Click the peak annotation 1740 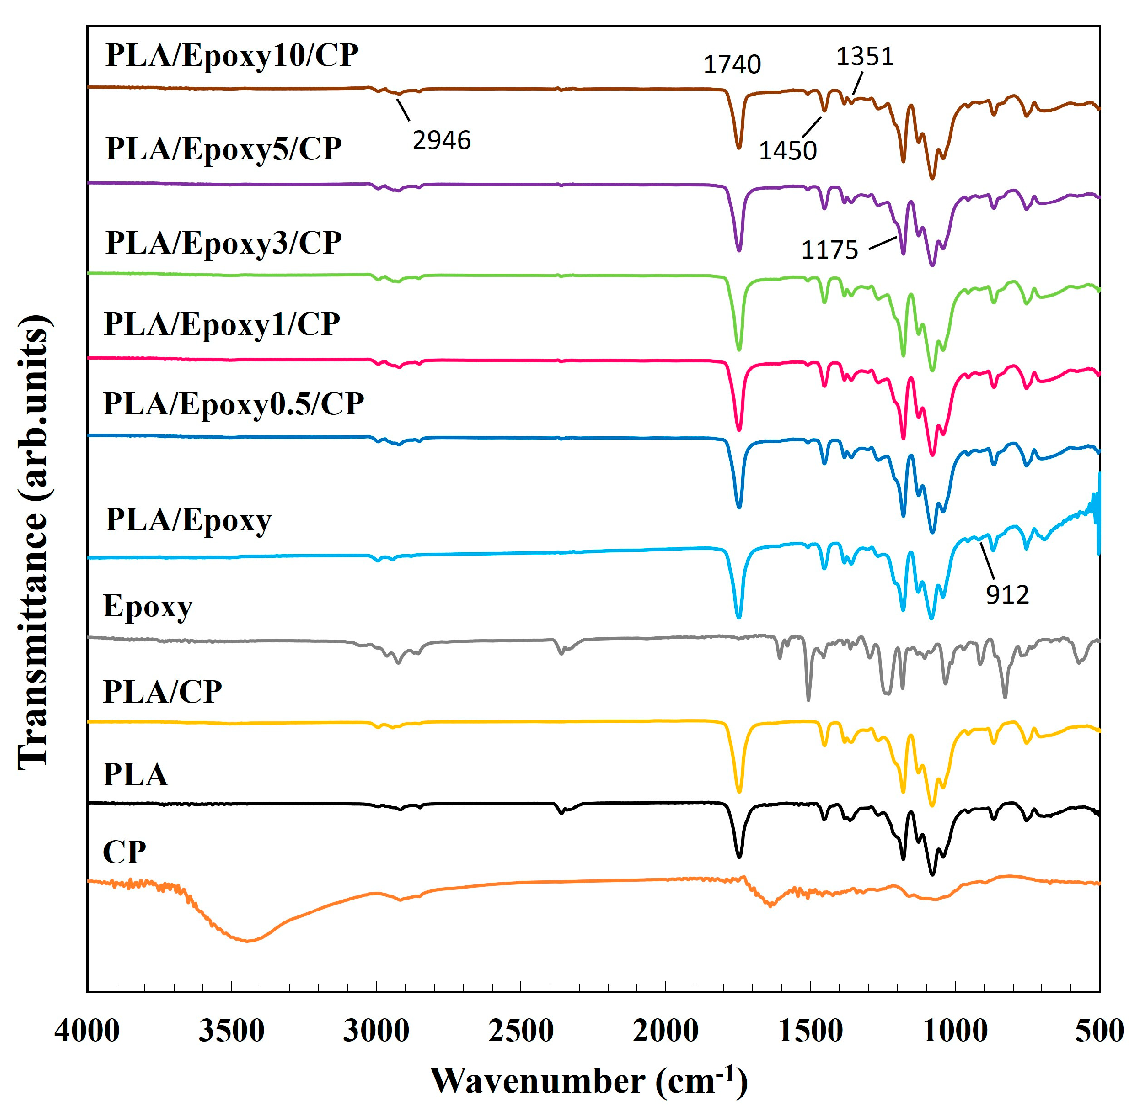pyautogui.click(x=731, y=64)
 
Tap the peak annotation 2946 pyautogui.click(x=441, y=140)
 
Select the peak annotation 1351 pyautogui.click(x=865, y=57)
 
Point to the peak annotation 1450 pyautogui.click(x=787, y=151)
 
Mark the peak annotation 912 pyautogui.click(x=1007, y=595)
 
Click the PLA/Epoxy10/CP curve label pyautogui.click(x=232, y=56)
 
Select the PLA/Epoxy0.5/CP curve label pyautogui.click(x=233, y=404)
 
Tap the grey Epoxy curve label pyautogui.click(x=147, y=607)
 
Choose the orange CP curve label pyautogui.click(x=124, y=852)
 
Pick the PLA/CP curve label pyautogui.click(x=163, y=692)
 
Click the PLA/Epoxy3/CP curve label pyautogui.click(x=223, y=243)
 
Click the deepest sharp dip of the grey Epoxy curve pyautogui.click(x=808, y=699)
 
